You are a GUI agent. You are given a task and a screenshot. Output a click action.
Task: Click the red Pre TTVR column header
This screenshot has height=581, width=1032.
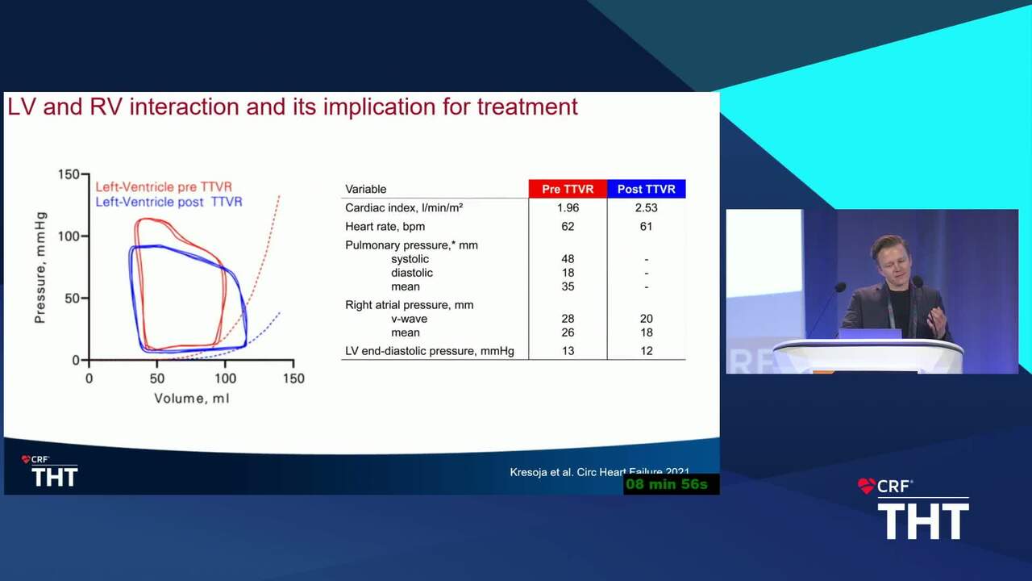tap(568, 189)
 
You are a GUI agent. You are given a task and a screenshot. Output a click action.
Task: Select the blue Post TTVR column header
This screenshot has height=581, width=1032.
tap(647, 189)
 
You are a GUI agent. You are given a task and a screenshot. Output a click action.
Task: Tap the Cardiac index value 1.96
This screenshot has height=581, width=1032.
tap(568, 208)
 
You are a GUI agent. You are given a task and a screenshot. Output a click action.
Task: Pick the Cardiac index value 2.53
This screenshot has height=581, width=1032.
tap(647, 208)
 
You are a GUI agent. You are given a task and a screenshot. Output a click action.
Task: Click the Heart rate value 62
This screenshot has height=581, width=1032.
tap(568, 227)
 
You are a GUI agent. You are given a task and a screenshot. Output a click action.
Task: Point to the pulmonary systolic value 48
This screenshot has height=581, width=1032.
tap(568, 259)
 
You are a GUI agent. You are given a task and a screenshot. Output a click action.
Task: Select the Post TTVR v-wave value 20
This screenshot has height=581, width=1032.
tap(647, 319)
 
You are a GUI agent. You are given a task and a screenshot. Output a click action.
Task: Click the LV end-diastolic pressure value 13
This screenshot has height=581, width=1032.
tap(568, 351)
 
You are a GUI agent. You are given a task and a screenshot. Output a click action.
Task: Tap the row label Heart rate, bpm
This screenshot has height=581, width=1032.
tap(385, 227)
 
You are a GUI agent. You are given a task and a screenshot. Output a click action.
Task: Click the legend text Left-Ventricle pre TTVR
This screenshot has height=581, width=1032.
tap(164, 186)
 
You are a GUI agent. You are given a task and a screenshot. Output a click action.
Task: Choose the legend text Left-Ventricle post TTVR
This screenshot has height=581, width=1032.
tap(169, 202)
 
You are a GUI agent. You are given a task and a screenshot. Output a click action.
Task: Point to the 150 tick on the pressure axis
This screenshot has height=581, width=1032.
tap(69, 174)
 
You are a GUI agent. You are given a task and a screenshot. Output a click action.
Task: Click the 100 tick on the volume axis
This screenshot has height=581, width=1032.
tap(225, 378)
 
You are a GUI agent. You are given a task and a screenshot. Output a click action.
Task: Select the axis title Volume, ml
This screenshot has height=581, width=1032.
tap(192, 399)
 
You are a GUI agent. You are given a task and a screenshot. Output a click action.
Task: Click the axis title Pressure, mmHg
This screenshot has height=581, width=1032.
tap(40, 267)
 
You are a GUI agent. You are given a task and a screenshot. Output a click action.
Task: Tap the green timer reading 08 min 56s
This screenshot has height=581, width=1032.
tap(667, 484)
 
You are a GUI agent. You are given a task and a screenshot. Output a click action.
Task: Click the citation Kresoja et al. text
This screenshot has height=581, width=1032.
tap(537, 472)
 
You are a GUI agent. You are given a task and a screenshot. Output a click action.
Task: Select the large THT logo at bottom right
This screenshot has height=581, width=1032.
tap(923, 521)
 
